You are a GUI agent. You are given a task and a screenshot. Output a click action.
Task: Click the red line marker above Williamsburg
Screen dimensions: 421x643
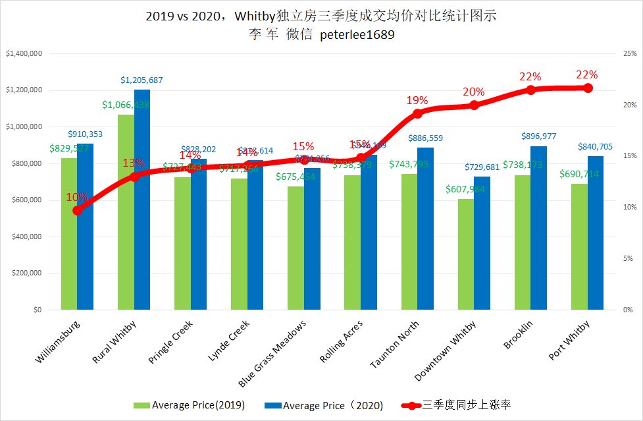tap(78, 210)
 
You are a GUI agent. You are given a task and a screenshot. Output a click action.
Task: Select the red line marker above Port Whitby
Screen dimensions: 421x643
tap(588, 88)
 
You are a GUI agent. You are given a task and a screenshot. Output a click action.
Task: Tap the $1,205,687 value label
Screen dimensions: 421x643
tap(141, 80)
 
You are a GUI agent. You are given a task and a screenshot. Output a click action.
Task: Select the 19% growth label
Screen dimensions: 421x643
tap(417, 101)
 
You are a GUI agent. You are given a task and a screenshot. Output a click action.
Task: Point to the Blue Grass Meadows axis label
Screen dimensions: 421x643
tap(272, 354)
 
